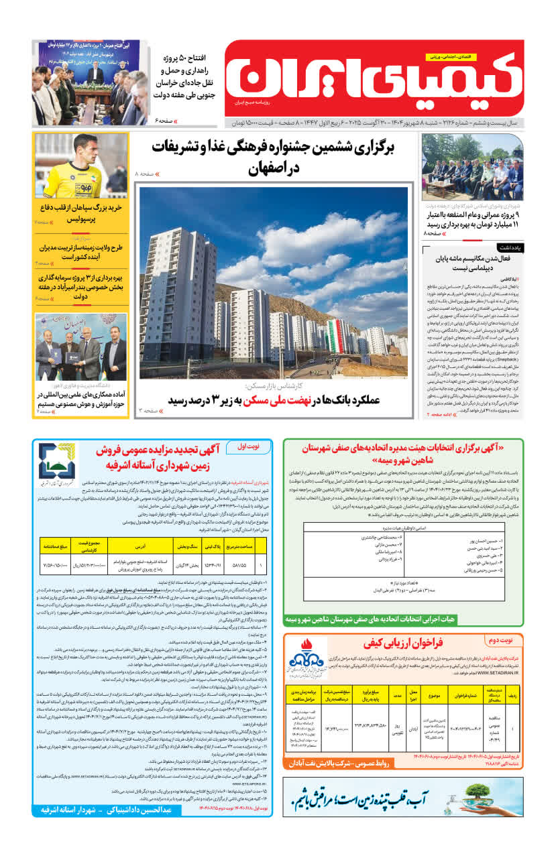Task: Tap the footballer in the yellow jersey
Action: [91, 164]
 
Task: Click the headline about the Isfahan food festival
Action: [272, 157]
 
